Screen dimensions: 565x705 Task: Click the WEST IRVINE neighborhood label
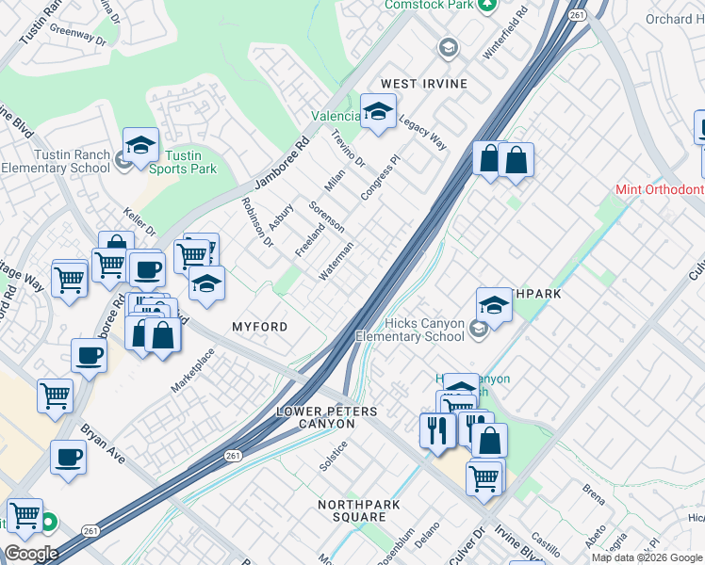(423, 84)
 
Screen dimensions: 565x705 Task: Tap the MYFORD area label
(259, 326)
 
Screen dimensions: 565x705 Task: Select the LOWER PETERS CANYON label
(327, 418)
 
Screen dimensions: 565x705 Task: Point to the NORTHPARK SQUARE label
(358, 511)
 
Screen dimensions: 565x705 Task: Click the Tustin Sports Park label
(190, 162)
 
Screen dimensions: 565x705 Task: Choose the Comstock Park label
(430, 6)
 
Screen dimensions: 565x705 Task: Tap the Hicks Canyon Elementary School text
(410, 330)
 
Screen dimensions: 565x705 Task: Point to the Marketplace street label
(193, 370)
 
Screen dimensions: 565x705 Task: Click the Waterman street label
(336, 261)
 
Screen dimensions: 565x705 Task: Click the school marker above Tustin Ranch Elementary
(140, 146)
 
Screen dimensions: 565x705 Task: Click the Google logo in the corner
(31, 554)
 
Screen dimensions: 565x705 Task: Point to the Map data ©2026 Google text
(647, 557)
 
